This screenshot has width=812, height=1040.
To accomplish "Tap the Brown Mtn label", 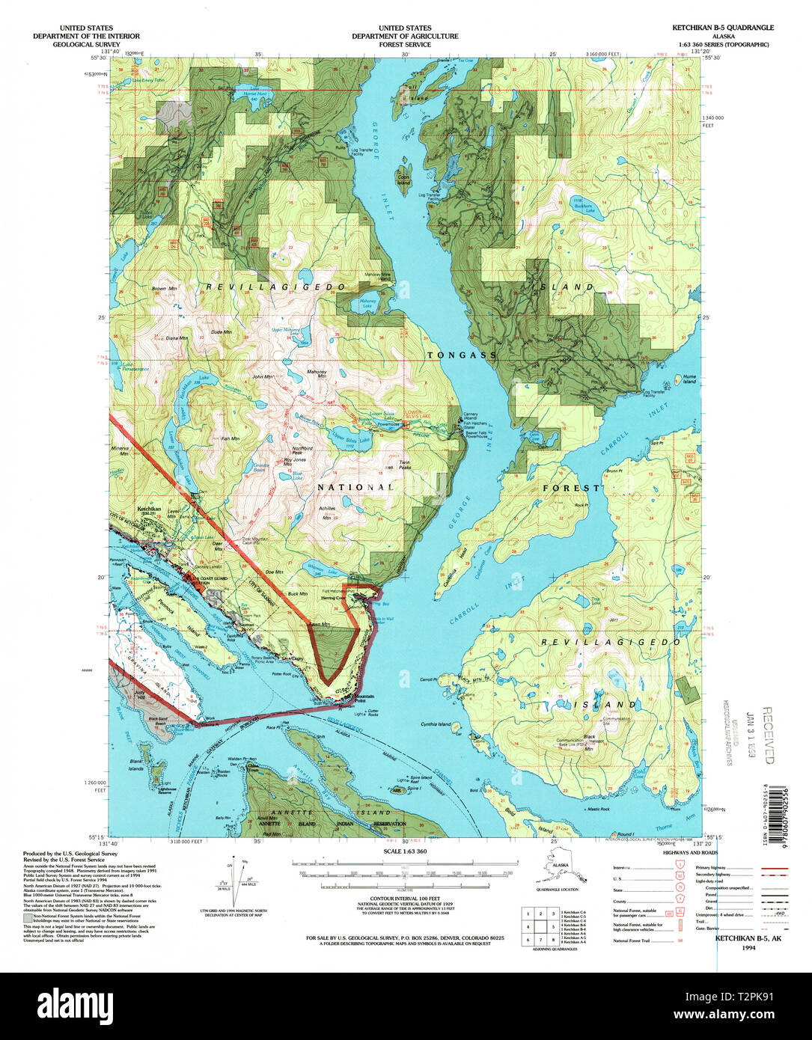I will point(164,288).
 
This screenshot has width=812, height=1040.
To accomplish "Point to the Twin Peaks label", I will point(405,465).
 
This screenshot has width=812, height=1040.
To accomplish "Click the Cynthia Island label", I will point(436,724).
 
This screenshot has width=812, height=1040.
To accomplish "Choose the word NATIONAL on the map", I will point(355,487).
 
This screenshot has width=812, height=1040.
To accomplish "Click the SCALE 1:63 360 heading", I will point(405,851).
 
